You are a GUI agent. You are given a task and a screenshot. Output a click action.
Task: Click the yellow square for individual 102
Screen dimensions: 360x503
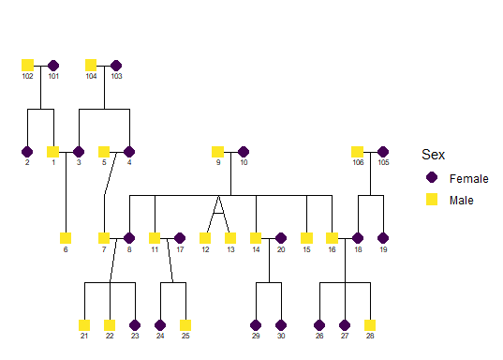[27, 65]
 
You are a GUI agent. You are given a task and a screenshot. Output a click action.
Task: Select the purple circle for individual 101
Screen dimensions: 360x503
[53, 65]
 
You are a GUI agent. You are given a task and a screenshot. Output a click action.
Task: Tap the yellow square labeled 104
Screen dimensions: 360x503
[91, 65]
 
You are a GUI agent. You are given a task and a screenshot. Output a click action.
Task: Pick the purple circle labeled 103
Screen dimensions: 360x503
[116, 65]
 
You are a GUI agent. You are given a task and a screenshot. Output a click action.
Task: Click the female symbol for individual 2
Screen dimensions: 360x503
[27, 151]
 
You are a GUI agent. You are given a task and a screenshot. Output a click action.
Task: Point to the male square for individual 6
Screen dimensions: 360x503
[66, 237]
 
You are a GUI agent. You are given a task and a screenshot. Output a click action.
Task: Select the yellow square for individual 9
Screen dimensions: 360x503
[217, 151]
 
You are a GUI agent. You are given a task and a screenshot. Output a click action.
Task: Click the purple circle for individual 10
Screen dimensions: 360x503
[244, 151]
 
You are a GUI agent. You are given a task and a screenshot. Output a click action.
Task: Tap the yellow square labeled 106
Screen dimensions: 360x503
[357, 151]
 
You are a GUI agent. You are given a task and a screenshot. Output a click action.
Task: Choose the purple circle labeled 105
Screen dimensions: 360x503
[382, 151]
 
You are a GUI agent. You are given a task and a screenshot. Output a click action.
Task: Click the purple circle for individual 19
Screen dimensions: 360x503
[382, 237]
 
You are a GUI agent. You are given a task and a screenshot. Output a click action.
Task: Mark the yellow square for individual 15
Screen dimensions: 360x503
[306, 237]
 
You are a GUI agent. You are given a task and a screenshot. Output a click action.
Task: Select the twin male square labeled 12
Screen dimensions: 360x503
[205, 237]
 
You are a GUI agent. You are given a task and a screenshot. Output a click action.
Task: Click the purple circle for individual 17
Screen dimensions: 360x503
[180, 237]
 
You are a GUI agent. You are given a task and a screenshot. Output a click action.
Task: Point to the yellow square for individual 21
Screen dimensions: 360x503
[84, 324]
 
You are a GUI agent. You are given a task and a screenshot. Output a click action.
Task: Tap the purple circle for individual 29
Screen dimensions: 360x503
[256, 324]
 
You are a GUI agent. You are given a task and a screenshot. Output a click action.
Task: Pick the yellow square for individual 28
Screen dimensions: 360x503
[370, 324]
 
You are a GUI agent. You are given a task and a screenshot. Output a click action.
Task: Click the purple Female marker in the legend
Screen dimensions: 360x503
[431, 177]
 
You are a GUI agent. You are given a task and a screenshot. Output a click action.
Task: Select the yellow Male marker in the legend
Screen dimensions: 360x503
[431, 199]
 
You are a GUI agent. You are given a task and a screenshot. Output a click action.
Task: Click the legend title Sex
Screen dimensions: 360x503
[433, 155]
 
